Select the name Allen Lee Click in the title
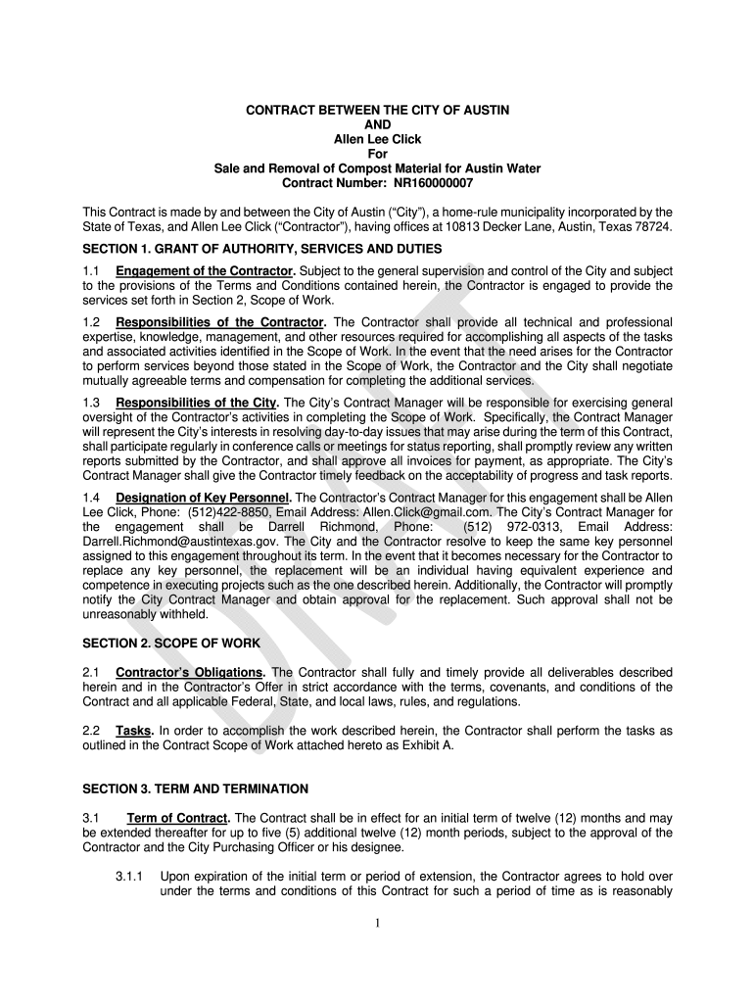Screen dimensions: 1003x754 click(x=377, y=139)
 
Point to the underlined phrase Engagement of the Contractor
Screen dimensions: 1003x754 click(x=206, y=270)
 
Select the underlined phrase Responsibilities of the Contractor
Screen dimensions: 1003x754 click(x=219, y=322)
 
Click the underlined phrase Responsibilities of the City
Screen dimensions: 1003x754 click(x=197, y=403)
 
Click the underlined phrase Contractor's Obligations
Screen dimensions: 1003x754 click(x=190, y=672)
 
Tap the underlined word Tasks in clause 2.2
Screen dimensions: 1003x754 click(x=133, y=731)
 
